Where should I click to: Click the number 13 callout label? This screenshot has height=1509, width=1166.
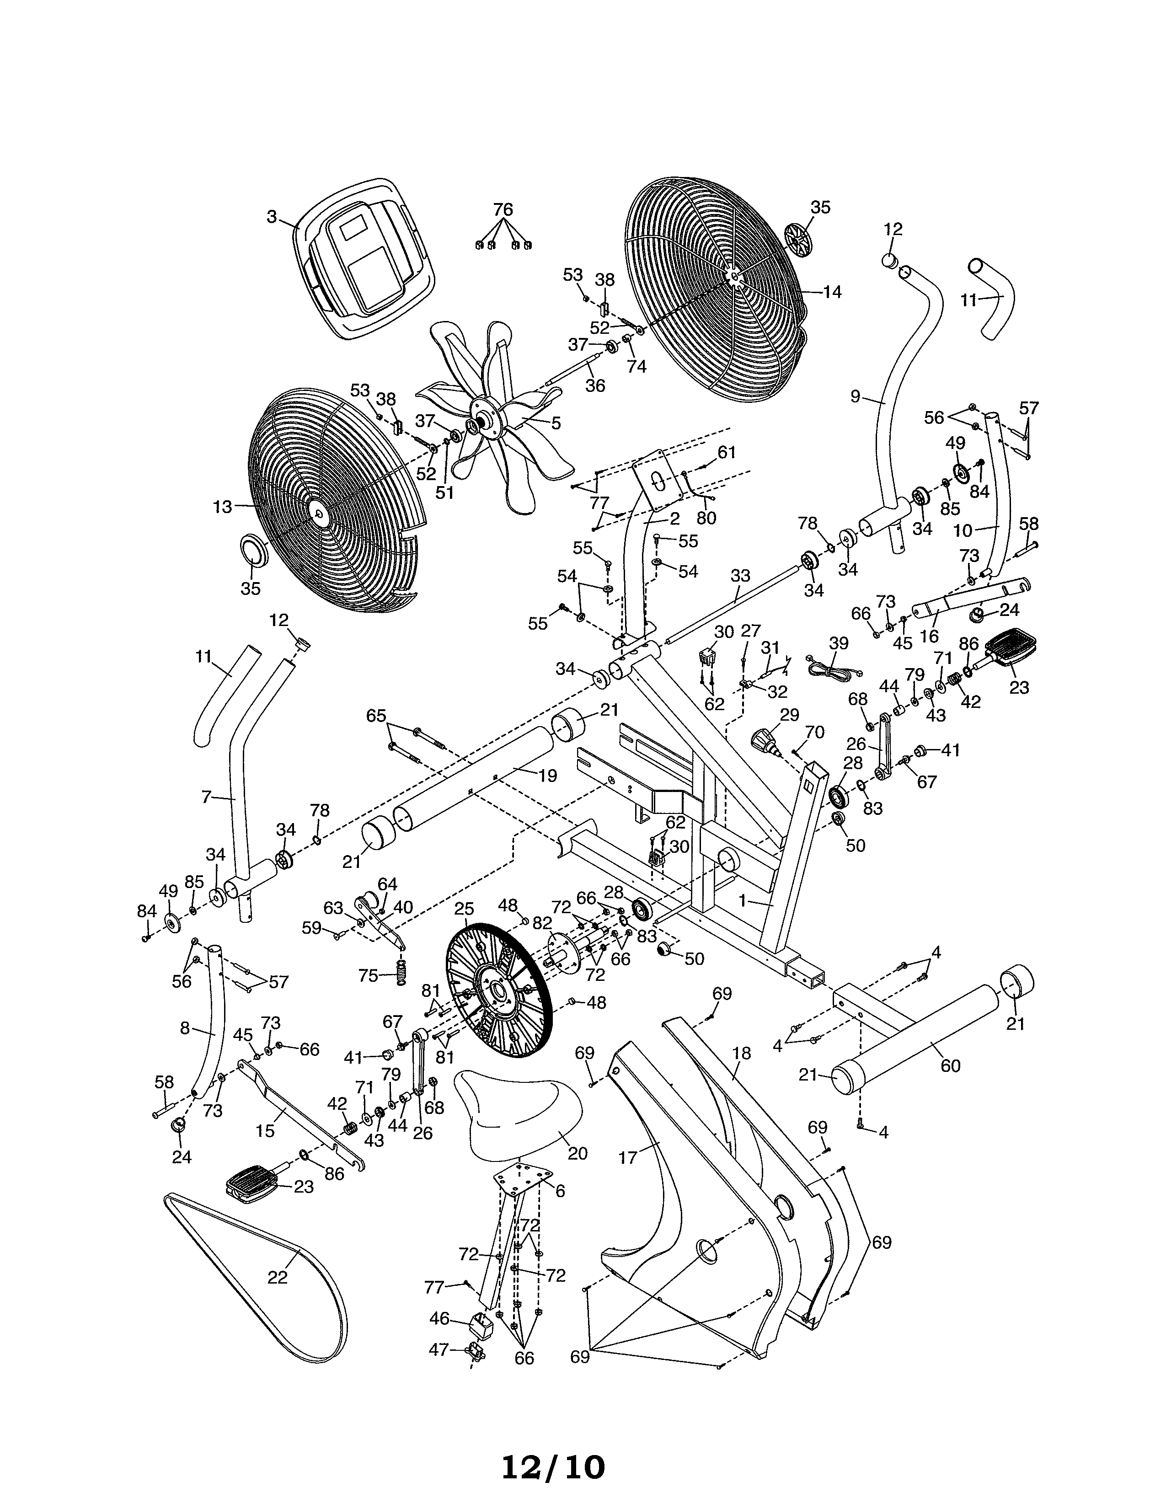pos(222,507)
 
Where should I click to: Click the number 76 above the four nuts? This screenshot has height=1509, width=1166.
pos(503,209)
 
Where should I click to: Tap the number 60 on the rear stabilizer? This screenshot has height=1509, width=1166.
pos(951,1066)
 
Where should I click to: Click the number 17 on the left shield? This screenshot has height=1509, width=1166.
pos(627,1157)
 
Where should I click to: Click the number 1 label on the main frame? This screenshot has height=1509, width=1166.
pos(743,902)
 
